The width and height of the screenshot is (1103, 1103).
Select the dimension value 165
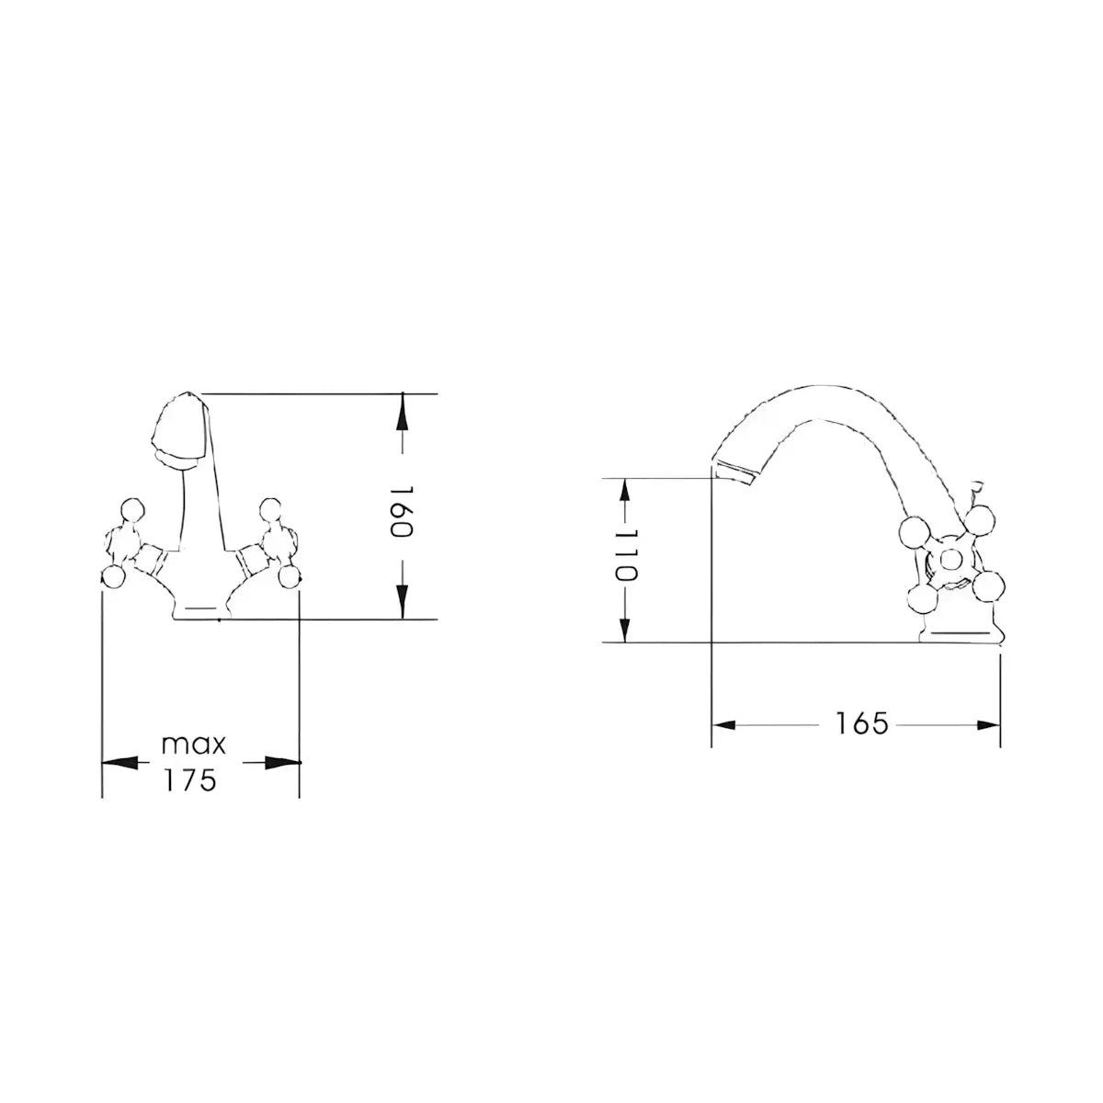tap(862, 723)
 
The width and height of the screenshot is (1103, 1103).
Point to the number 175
tap(190, 779)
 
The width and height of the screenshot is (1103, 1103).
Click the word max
tap(193, 745)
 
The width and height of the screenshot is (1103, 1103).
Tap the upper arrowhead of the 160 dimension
tap(403, 410)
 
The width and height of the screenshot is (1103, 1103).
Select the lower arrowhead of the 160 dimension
tap(403, 601)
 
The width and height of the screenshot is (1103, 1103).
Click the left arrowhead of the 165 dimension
tap(723, 725)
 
